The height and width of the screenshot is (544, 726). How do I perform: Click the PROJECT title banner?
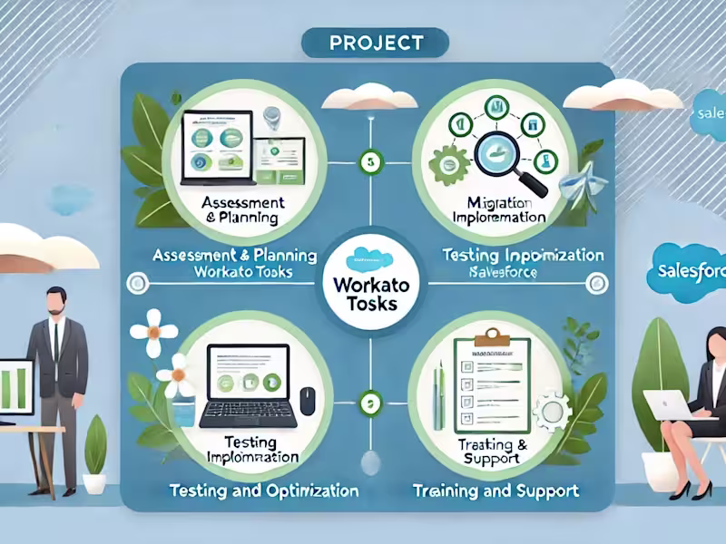(x=374, y=43)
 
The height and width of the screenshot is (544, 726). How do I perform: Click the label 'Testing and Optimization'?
(x=263, y=491)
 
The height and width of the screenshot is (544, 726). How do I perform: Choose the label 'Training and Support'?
(x=495, y=491)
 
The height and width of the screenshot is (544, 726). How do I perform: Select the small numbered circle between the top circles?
(x=368, y=163)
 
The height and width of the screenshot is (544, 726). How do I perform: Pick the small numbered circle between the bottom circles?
(x=368, y=400)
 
